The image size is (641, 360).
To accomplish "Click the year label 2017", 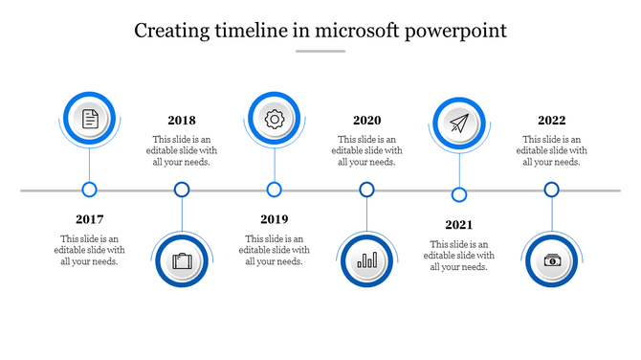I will [x=90, y=219].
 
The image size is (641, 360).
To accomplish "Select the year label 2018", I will [x=182, y=121].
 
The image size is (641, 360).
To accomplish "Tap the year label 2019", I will [x=275, y=219].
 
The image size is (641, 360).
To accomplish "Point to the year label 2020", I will [x=366, y=121].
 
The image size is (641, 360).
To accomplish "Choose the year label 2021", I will [x=459, y=225].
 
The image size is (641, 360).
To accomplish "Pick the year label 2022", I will [x=551, y=121].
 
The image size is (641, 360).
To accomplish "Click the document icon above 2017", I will [x=90, y=119].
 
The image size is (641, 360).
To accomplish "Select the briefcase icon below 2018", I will [x=182, y=260].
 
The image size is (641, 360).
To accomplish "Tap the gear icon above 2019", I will [x=275, y=119].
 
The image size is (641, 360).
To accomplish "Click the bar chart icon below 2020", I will [x=366, y=260].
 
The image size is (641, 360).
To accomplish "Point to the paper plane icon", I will [x=459, y=124].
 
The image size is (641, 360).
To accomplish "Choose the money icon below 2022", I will [x=552, y=260].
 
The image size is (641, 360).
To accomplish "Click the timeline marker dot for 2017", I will [x=90, y=190].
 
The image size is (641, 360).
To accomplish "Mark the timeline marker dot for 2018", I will [x=182, y=190].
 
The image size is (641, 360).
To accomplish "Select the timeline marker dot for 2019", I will [x=275, y=190].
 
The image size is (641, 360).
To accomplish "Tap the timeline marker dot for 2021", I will [x=459, y=195].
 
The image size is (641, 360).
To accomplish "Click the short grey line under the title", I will [x=320, y=52].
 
